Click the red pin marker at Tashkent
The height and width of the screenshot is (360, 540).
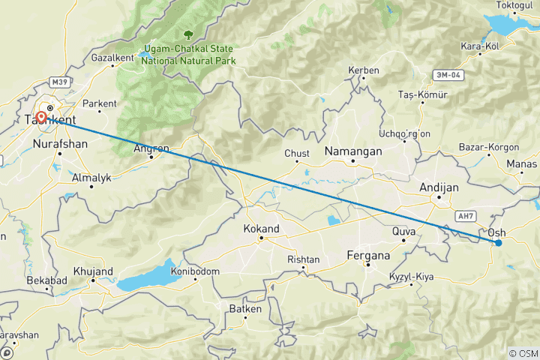click(41, 117)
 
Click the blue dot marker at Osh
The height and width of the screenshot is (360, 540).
click(498, 242)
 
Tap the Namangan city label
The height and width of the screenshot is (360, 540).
click(352, 151)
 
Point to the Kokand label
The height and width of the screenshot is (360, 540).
click(262, 229)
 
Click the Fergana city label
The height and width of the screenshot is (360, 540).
click(368, 256)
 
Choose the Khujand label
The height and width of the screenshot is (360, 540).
click(94, 271)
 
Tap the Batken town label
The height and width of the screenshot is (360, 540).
click(244, 309)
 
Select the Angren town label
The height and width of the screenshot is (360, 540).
click(151, 148)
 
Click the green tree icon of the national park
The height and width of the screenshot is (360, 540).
click(187, 34)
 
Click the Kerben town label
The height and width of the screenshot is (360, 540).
click(364, 70)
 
